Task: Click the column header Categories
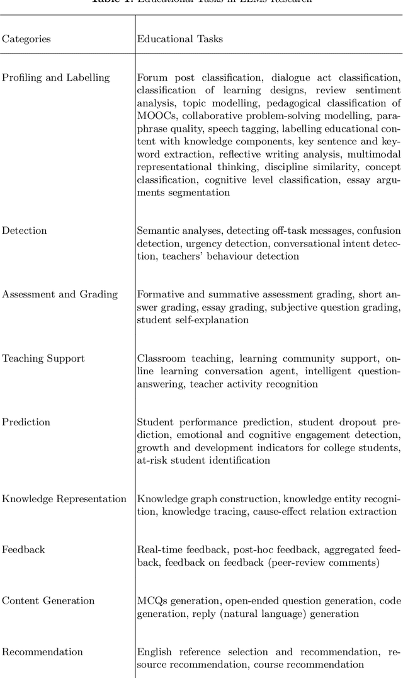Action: (26, 39)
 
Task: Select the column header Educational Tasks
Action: (179, 39)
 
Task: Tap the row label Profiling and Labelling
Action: (55, 78)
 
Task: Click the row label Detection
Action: (24, 231)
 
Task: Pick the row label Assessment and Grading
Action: (60, 294)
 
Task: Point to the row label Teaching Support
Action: (43, 359)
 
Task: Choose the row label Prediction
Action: (26, 422)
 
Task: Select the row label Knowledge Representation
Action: (64, 499)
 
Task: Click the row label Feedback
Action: (23, 549)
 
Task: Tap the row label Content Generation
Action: (48, 600)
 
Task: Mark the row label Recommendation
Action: (42, 652)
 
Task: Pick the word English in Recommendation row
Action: (155, 652)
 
